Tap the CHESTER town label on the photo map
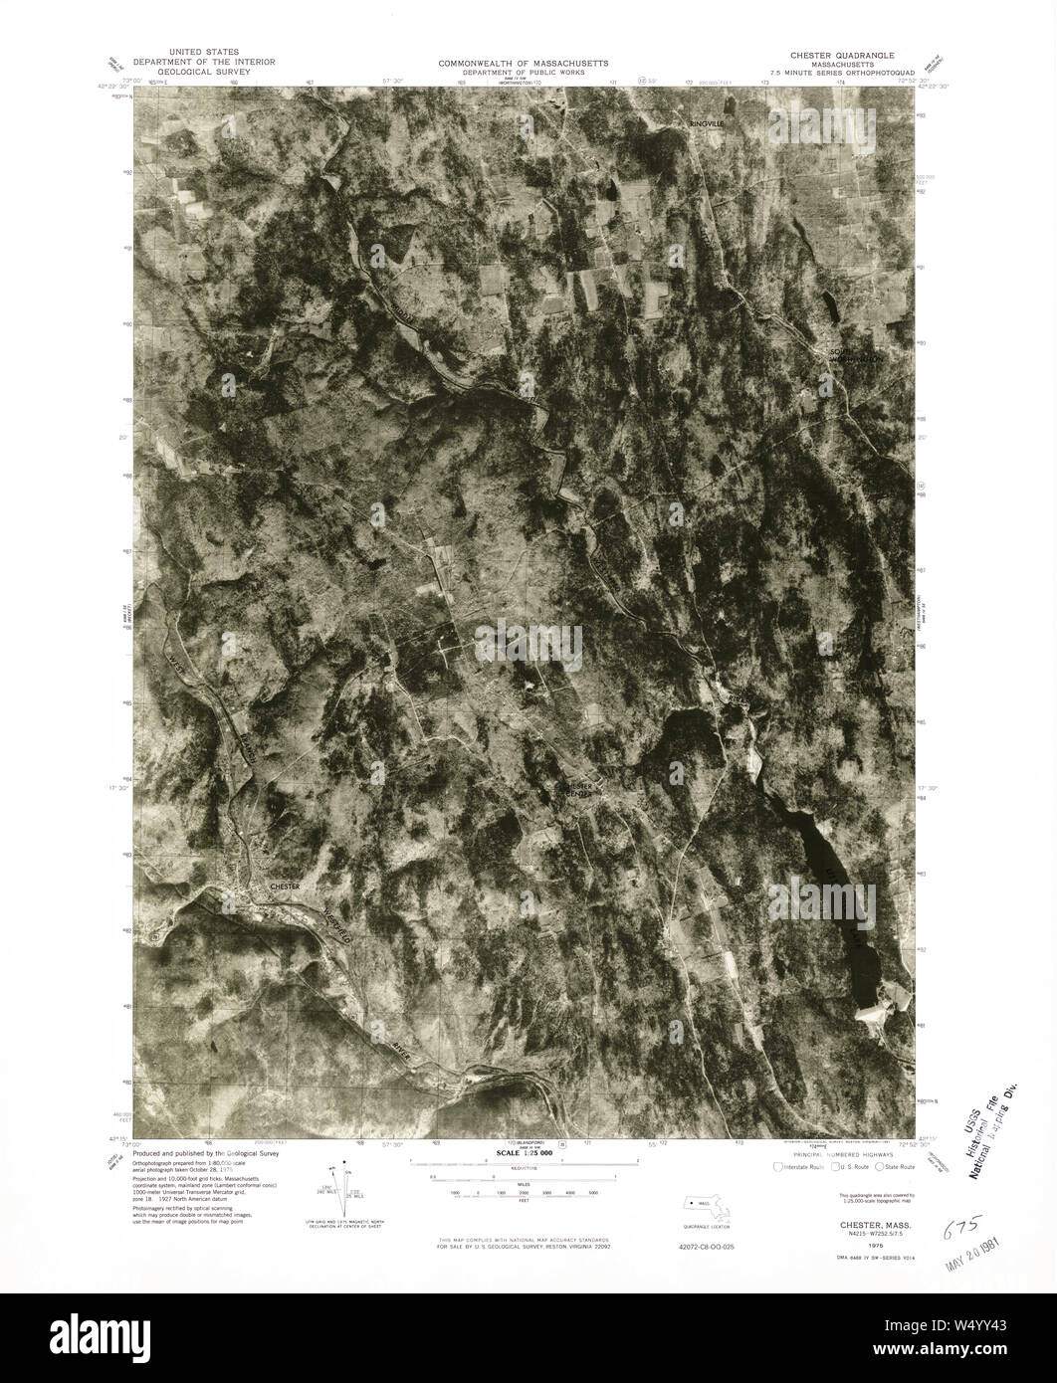point(284,885)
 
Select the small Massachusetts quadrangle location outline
point(711,1206)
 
